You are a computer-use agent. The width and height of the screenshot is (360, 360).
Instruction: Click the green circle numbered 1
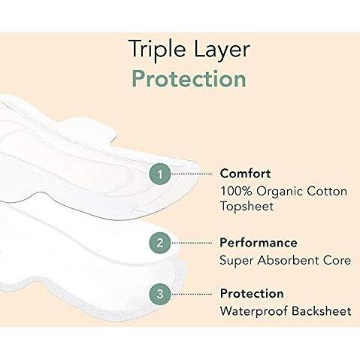click(x=158, y=174)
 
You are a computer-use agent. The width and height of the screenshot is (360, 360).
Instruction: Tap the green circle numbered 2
click(x=158, y=243)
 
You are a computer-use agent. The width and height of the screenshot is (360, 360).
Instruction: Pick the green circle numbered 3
click(x=158, y=293)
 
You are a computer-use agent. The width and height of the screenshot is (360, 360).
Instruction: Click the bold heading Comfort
click(x=246, y=174)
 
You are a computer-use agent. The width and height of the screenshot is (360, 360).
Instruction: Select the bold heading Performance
click(x=258, y=243)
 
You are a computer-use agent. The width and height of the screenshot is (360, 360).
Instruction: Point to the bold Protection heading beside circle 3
click(x=251, y=293)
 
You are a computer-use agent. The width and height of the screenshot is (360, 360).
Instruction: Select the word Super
click(x=235, y=261)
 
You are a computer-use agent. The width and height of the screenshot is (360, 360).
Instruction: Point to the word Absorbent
click(x=284, y=260)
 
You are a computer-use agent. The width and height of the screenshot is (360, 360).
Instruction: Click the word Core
click(x=336, y=260)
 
